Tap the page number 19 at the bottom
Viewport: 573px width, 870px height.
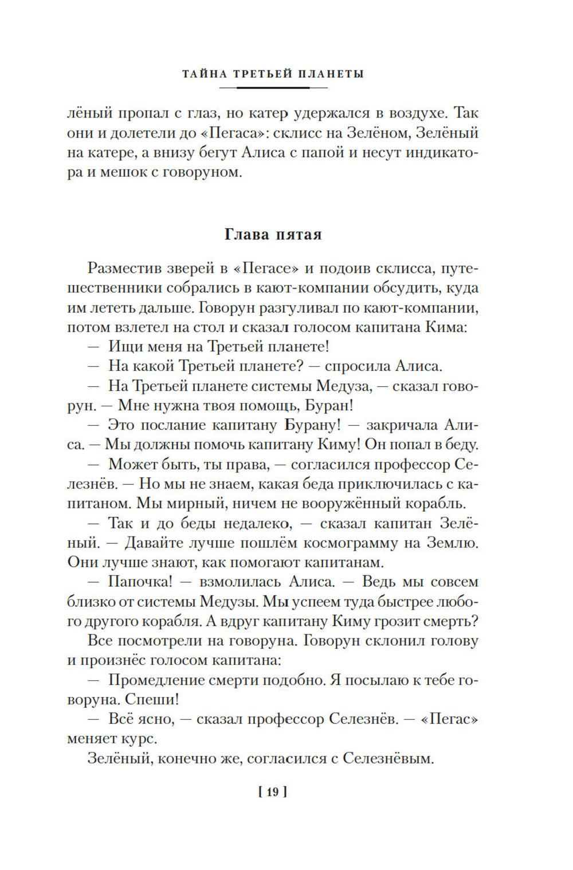coord(272,793)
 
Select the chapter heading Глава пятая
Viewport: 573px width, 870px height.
coord(273,234)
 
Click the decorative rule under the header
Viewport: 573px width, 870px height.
coord(273,88)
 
